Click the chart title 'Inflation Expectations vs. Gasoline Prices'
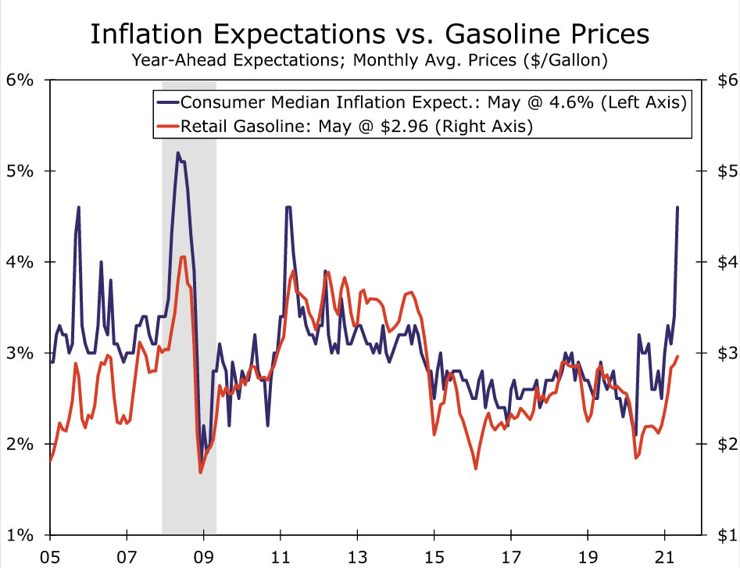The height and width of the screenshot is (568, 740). click(370, 34)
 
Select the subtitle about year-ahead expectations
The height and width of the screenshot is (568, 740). click(370, 59)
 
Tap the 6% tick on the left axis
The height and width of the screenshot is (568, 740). click(20, 80)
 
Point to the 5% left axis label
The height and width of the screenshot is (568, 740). click(20, 171)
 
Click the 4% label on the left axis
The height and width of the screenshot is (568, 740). click(20, 262)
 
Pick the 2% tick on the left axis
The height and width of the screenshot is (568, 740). click(20, 445)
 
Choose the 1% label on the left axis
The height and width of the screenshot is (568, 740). click(20, 536)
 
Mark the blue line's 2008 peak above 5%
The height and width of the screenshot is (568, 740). click(178, 153)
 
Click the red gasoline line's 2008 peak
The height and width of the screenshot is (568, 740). click(182, 256)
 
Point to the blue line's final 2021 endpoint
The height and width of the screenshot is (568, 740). click(677, 207)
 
